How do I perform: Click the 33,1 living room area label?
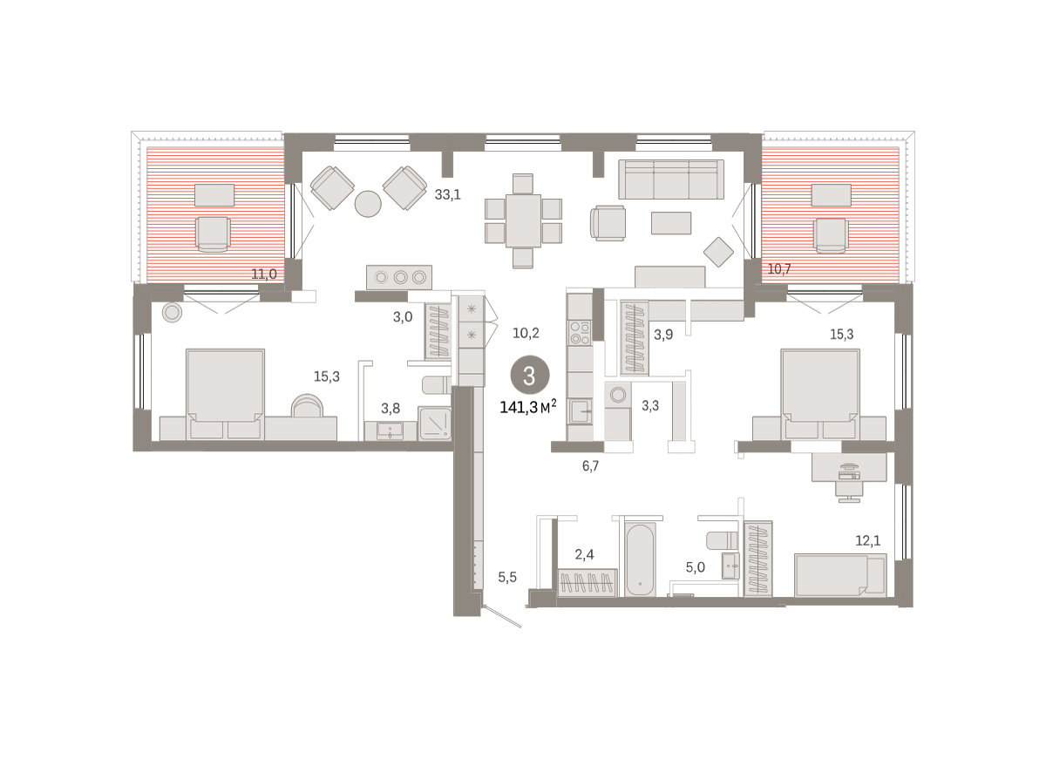coord(447,194)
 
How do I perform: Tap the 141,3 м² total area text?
coord(527,407)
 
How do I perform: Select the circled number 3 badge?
coord(530,376)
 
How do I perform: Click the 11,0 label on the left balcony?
coord(264,274)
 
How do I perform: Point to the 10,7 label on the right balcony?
coord(779,269)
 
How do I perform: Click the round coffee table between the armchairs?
coord(368,204)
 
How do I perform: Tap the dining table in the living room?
coord(523,220)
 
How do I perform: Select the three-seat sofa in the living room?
coord(671,180)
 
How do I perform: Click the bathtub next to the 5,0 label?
coord(640,560)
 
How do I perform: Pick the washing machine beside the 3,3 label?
coord(618,395)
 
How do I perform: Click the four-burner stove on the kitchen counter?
coord(580,333)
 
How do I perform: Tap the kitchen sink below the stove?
coord(580,411)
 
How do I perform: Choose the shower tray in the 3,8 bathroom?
coord(435,424)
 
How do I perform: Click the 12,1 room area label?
coord(867,540)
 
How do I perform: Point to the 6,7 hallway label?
coord(590,466)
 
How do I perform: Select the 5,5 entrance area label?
coord(507,578)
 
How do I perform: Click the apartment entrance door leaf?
coord(503,616)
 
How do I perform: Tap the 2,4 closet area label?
coord(584,554)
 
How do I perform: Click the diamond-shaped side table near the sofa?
coord(718,252)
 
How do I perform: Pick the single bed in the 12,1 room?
coord(840,575)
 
